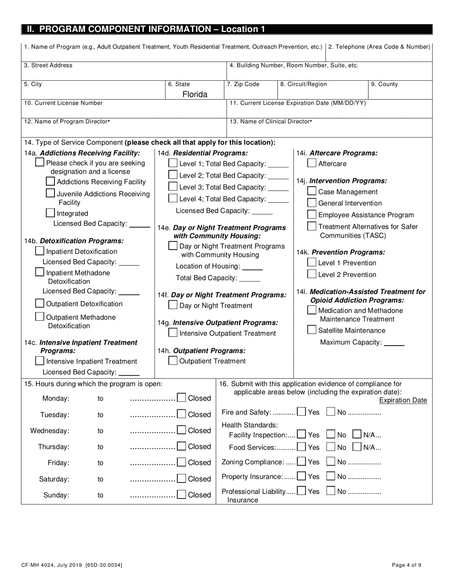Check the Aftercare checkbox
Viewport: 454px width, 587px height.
pyautogui.click(x=311, y=164)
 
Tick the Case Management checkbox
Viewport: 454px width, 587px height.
pyautogui.click(x=311, y=191)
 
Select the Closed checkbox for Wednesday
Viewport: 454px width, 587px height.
pyautogui.click(x=182, y=430)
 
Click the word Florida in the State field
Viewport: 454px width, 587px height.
pyautogui.click(x=195, y=94)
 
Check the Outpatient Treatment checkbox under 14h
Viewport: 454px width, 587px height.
pyautogui.click(x=173, y=361)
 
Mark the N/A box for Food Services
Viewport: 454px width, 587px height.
pyautogui.click(x=357, y=447)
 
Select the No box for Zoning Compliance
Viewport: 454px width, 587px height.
pyautogui.click(x=331, y=461)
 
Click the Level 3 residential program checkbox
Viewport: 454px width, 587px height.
pyautogui.click(x=173, y=187)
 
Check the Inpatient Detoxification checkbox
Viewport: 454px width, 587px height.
pyautogui.click(x=40, y=251)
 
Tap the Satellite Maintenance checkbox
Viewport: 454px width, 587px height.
pyautogui.click(x=311, y=330)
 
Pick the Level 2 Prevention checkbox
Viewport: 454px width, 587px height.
pyautogui.click(x=311, y=274)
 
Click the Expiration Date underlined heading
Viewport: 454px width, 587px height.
pyautogui.click(x=403, y=400)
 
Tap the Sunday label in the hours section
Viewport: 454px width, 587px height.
pyautogui.click(x=56, y=495)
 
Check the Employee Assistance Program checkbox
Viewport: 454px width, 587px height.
pyautogui.click(x=311, y=215)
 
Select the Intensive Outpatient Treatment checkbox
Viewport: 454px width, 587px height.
pyautogui.click(x=173, y=333)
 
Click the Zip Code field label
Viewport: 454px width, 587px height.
pyautogui.click(x=243, y=84)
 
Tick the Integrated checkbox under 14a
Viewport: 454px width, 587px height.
pyautogui.click(x=50, y=213)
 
